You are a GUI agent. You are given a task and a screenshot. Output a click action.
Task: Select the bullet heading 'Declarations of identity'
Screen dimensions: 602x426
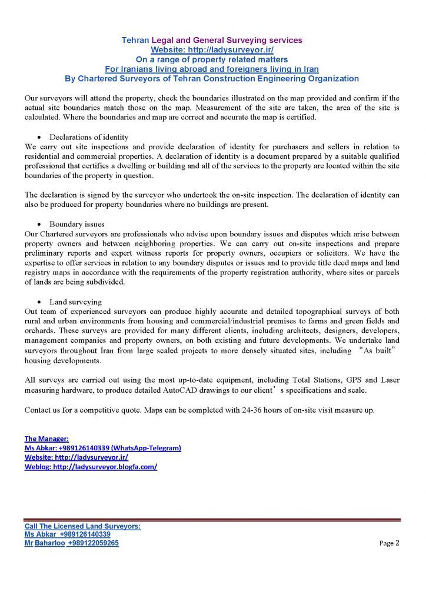pos(89,137)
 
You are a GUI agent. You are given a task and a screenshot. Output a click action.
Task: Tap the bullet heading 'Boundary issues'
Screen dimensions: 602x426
pos(77,224)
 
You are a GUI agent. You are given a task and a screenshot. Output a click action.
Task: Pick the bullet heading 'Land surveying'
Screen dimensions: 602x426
pos(75,302)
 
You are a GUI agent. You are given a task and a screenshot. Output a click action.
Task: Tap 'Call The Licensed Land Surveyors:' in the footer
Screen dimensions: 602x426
pos(82,526)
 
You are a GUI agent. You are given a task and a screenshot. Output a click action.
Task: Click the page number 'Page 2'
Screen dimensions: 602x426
pos(389,544)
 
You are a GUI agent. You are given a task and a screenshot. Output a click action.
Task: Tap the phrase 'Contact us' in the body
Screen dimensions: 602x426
pos(41,410)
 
